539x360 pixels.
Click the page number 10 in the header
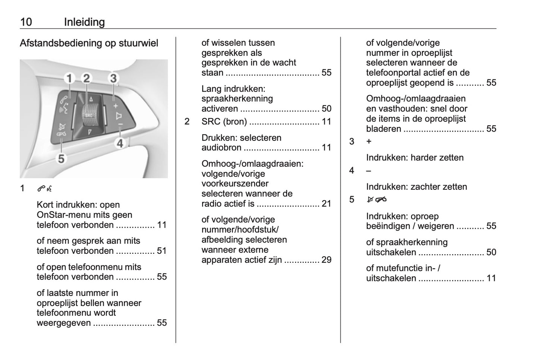(26, 22)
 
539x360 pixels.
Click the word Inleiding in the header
(84, 22)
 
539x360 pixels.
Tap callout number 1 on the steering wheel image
(69, 79)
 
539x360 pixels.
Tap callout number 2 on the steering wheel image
(87, 78)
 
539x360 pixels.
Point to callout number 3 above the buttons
(113, 78)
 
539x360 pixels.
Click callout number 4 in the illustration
(120, 143)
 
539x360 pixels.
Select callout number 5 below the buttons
(61, 159)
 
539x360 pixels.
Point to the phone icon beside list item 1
(44, 189)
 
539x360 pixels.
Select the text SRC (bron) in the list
(224, 121)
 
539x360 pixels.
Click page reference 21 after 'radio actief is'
(326, 204)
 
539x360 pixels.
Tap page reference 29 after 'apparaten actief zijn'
(326, 260)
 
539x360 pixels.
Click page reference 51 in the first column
(162, 251)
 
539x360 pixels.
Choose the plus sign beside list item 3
(369, 142)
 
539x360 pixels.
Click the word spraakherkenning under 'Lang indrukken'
(237, 99)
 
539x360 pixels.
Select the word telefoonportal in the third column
(396, 73)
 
